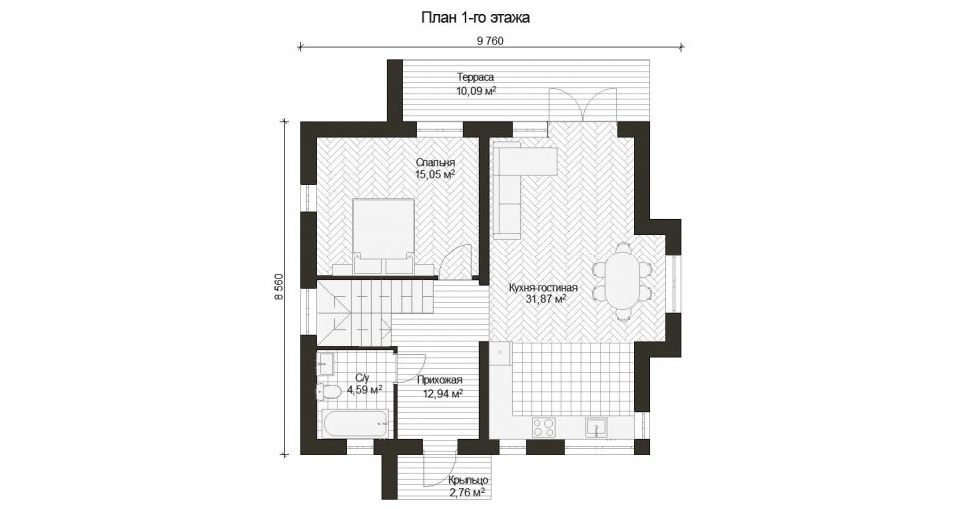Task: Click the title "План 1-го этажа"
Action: (x=475, y=18)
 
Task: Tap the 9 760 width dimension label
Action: (x=490, y=41)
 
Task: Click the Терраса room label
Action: (x=475, y=77)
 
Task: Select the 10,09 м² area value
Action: (x=475, y=91)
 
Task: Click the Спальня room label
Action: (x=436, y=162)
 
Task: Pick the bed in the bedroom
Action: (x=384, y=236)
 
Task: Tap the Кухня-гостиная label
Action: (x=543, y=287)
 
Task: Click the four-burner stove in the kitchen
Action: (x=543, y=427)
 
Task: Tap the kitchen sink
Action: (x=595, y=427)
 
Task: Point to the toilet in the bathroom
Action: (x=328, y=391)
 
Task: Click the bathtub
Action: (x=354, y=423)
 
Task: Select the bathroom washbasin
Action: (x=324, y=364)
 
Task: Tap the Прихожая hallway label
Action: (x=440, y=379)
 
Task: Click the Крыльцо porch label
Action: (x=467, y=481)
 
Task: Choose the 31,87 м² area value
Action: (x=545, y=299)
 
